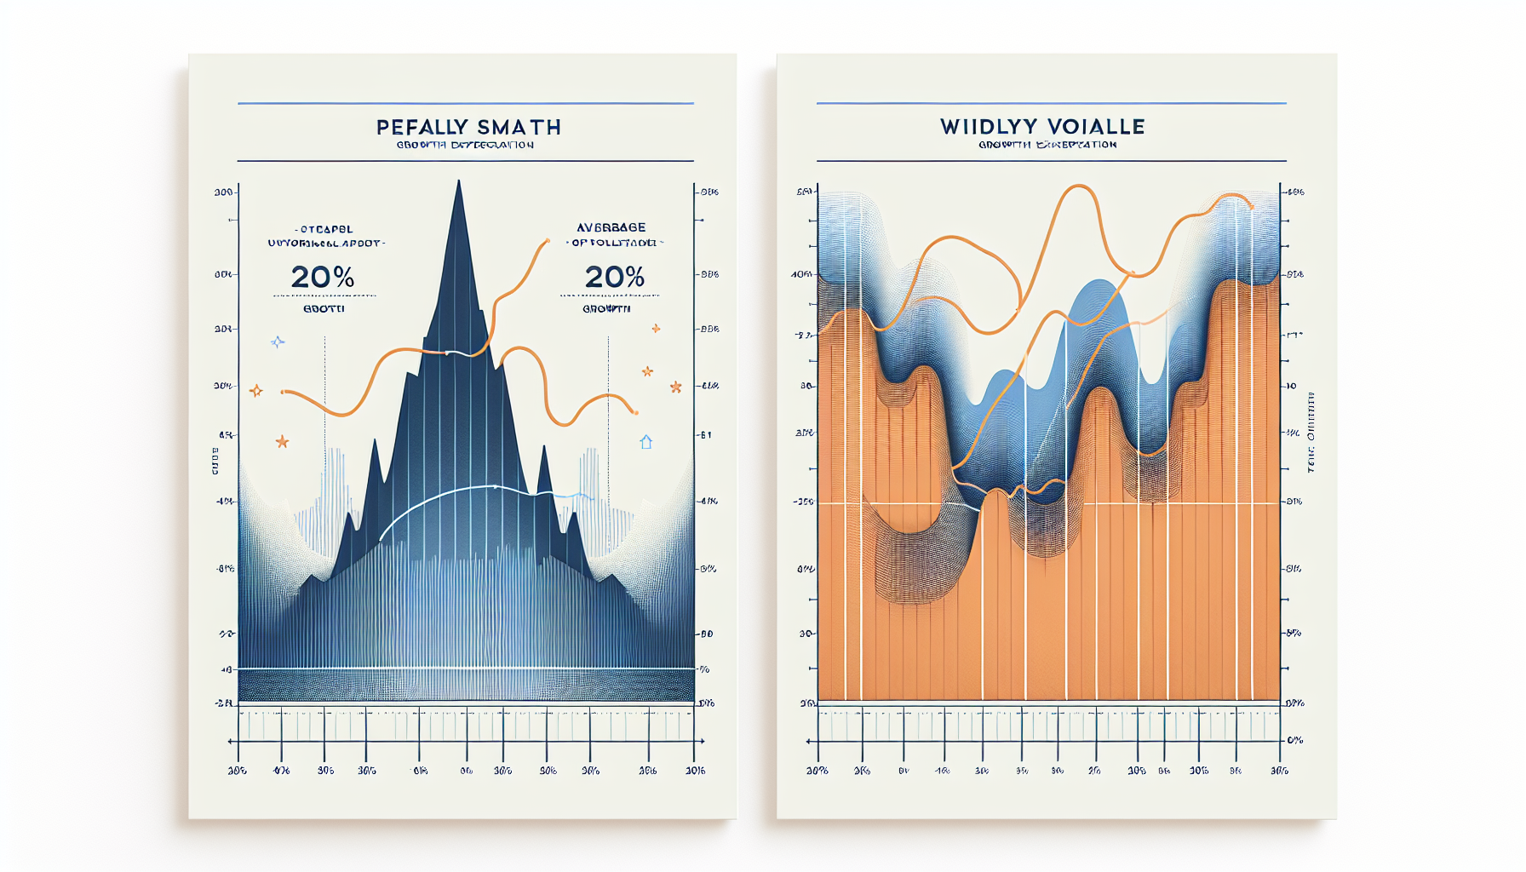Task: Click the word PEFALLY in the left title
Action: [420, 128]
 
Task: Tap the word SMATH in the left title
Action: [519, 128]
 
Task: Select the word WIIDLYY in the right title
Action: [986, 127]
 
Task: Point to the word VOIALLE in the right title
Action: [1094, 127]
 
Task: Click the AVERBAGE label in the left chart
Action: [611, 227]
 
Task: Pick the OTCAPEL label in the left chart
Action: [324, 229]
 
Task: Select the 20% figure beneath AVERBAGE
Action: [614, 277]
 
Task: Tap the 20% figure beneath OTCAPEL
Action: [323, 277]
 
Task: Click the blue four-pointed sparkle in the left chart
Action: [278, 342]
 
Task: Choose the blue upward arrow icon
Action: [646, 442]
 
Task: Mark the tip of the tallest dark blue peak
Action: [459, 181]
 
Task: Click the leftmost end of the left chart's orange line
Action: [283, 392]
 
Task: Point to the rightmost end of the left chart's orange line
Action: [635, 413]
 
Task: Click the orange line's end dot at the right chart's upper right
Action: [1251, 207]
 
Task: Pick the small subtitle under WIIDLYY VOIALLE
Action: [1047, 145]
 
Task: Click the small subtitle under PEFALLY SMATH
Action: [465, 145]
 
